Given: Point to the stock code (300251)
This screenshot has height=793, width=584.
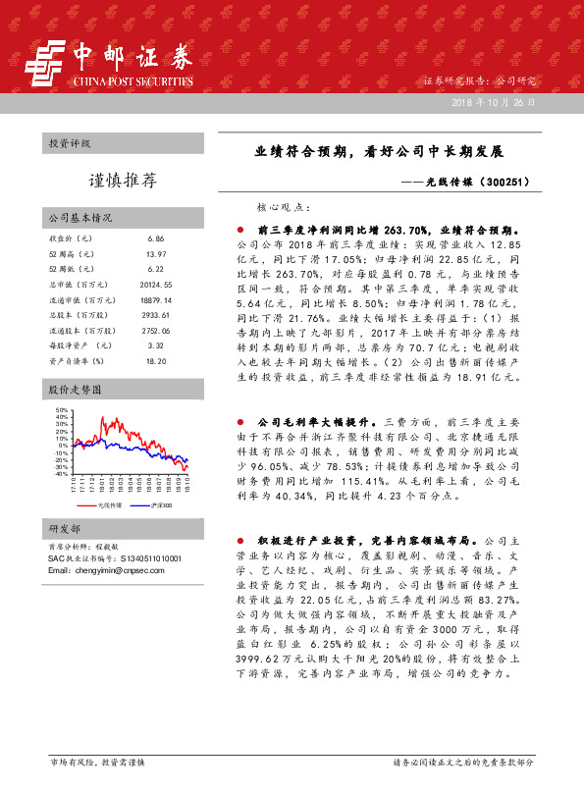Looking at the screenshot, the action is [x=509, y=182].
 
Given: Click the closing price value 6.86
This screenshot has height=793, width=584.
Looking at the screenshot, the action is [x=155, y=238].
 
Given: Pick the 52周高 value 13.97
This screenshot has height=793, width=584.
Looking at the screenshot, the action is [x=157, y=254].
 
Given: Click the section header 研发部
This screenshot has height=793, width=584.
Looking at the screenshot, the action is [x=65, y=528].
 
